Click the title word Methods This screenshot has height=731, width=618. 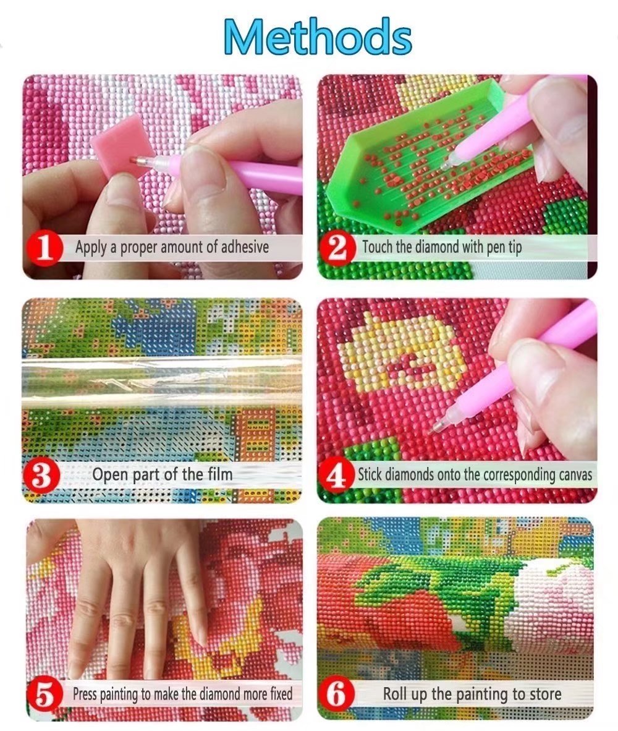point(318,36)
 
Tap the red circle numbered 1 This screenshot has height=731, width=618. point(44,248)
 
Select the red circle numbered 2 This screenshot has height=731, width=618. point(338,248)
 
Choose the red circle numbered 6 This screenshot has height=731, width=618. point(336,695)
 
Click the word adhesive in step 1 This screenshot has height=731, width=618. point(245,247)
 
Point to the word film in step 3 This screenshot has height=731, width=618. point(220,474)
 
